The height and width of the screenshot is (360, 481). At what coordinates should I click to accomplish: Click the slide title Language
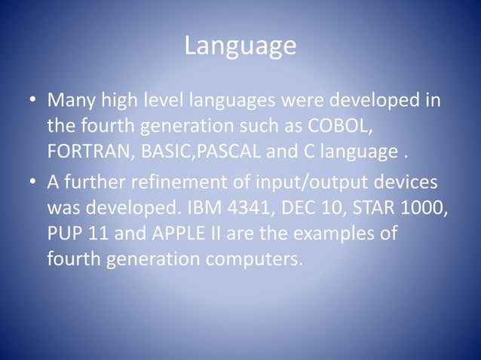point(240,47)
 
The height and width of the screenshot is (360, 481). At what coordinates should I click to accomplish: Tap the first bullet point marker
point(33,101)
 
